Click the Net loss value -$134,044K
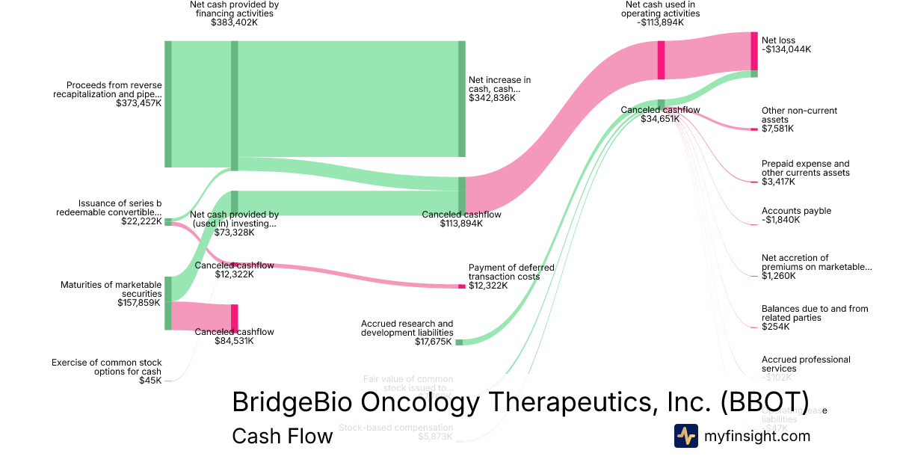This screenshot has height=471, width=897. [786, 49]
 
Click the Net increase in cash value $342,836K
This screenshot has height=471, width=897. [492, 98]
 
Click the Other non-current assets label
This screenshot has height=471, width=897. [799, 115]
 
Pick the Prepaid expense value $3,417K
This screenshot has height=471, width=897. [778, 182]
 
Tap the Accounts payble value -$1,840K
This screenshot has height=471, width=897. [780, 220]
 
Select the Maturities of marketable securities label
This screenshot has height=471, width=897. [111, 289]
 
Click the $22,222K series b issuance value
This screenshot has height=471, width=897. [141, 221]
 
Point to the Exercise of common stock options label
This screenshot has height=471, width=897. [106, 367]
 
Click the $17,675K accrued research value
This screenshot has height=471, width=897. [434, 342]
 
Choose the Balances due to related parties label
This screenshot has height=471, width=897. [815, 313]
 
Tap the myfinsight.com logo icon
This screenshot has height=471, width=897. [685, 436]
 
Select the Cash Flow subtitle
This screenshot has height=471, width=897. [283, 436]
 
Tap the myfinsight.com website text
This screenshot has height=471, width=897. [757, 436]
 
